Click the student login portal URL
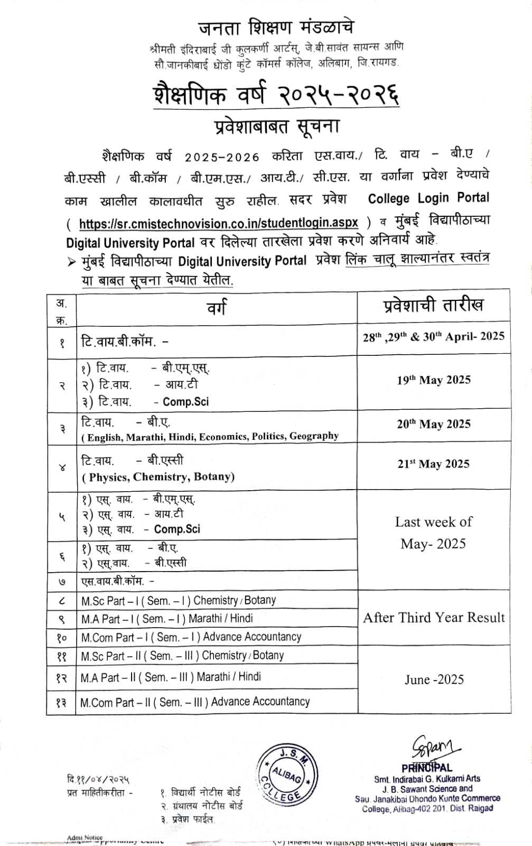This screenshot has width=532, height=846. pos(218,223)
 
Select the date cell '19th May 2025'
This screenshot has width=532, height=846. pos(434,380)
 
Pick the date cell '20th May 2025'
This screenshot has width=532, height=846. pos(434,424)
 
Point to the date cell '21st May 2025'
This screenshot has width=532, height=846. pos(434,464)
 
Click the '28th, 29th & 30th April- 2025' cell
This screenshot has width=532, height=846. pos(434,337)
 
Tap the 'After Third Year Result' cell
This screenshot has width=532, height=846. pos(434,618)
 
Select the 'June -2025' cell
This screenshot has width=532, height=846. pos(434,679)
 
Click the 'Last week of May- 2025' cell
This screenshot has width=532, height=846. pos(434,533)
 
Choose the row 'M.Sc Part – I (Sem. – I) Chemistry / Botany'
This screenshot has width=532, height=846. pos(179,601)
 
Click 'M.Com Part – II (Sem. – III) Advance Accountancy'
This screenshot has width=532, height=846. pos(195,702)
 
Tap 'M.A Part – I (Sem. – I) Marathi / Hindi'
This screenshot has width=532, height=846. pos(167,619)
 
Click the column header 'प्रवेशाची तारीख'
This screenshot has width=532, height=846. pos(433,305)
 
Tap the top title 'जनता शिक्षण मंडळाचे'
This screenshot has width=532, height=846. pos(276,27)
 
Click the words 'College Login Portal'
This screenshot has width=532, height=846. pos(428,198)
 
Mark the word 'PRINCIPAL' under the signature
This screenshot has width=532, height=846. pos(426,768)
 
